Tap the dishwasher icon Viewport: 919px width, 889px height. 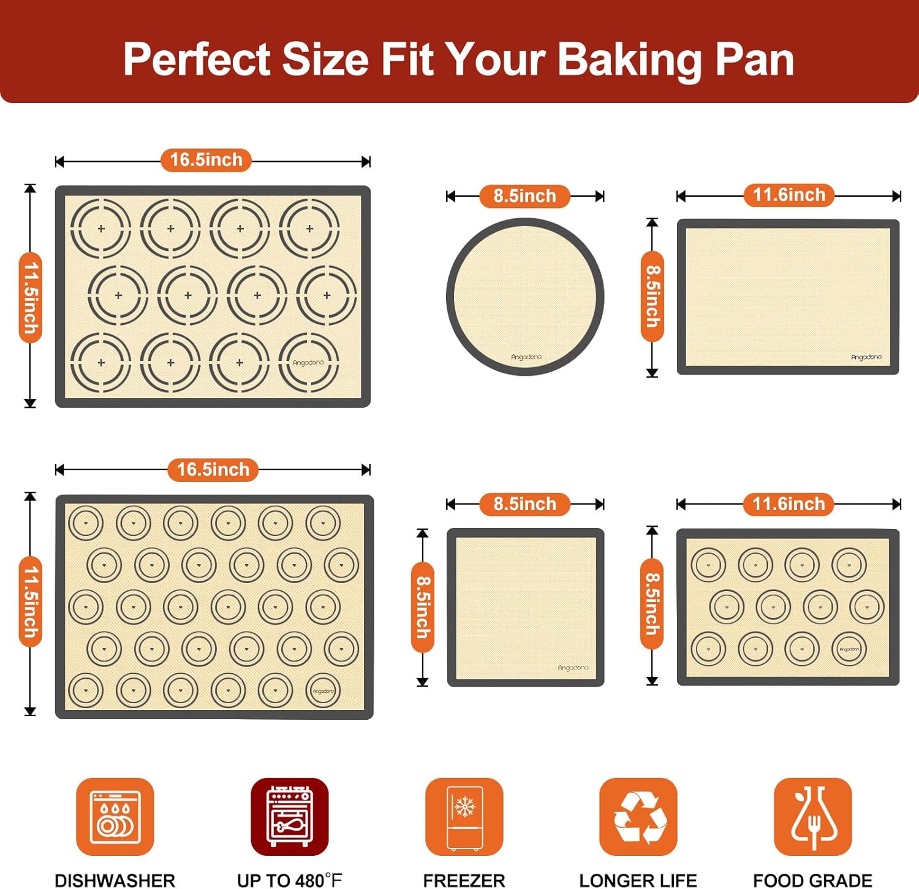point(115,816)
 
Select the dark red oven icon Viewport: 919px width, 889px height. point(289,816)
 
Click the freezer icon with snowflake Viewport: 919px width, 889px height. point(464,816)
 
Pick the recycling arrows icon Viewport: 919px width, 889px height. point(638,816)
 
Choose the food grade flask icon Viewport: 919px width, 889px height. point(812,816)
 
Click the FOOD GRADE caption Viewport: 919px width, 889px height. point(812,880)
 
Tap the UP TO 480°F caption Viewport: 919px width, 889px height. point(289,880)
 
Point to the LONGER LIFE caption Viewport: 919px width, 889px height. point(638,880)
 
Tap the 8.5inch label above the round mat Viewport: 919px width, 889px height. point(525,196)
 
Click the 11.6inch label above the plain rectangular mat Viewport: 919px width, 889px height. point(789,195)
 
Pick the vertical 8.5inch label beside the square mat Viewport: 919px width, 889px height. point(423,606)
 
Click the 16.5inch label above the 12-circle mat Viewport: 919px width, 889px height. point(206,160)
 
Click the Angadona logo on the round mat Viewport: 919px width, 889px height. point(526,357)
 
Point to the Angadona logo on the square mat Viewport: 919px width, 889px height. point(573,668)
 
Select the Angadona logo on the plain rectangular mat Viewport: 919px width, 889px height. point(866,357)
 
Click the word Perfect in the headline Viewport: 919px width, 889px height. point(197,60)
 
